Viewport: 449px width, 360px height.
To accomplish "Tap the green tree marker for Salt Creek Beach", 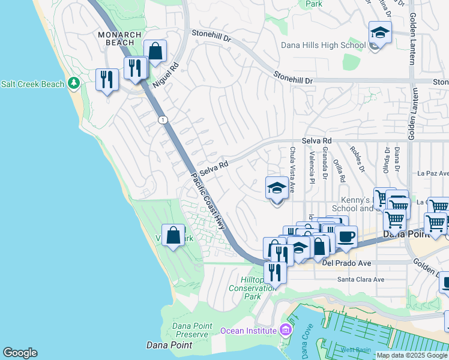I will pyautogui.click(x=74, y=83).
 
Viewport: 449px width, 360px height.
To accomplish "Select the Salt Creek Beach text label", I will pyautogui.click(x=32, y=84).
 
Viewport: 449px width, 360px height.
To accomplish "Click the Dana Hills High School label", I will pyautogui.click(x=323, y=45).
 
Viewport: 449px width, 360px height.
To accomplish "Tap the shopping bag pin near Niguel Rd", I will pyautogui.click(x=155, y=52).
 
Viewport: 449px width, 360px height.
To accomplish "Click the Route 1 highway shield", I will pyautogui.click(x=163, y=121).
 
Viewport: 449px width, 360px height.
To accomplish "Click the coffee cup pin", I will pyautogui.click(x=346, y=236).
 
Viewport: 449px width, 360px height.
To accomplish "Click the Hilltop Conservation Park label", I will pyautogui.click(x=253, y=288).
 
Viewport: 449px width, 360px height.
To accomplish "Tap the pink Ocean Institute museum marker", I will pyautogui.click(x=285, y=330).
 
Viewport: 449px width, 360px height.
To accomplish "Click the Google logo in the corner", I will pyautogui.click(x=20, y=353).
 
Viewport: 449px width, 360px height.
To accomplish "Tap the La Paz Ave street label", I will pyautogui.click(x=432, y=173).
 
